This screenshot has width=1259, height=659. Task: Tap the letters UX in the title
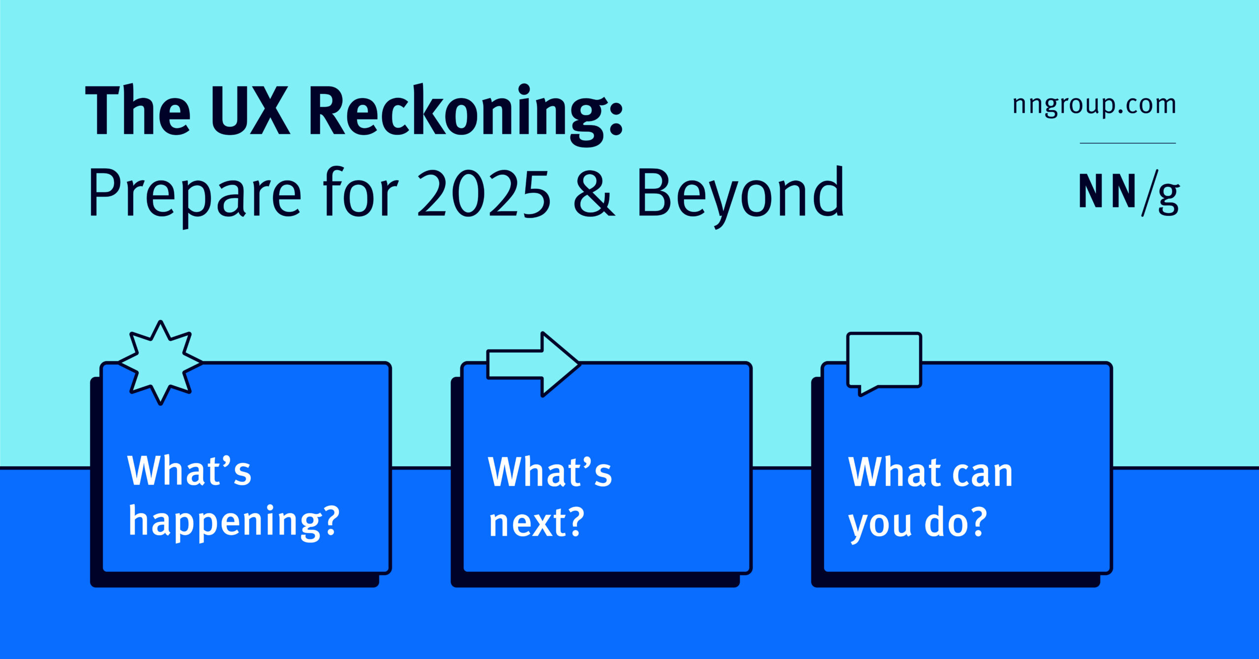251,111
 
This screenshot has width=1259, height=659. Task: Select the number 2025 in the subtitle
484,194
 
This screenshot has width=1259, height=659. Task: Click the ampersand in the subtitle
594,194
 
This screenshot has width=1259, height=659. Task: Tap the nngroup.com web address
1094,105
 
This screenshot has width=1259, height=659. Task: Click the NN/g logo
1129,194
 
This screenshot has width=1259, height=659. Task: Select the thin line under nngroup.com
1128,143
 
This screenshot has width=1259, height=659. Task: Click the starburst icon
160,363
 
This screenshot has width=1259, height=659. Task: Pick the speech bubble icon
884,363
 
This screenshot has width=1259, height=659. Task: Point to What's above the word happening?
189,471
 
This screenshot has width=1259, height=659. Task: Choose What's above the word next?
550,472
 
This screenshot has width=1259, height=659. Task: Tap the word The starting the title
138,110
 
